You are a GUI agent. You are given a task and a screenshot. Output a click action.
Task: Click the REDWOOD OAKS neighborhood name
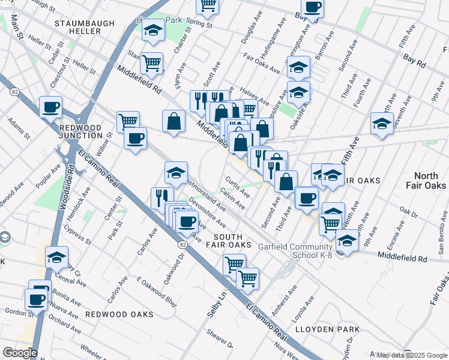(119, 314)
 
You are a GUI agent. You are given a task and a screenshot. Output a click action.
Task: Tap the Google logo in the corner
(20, 353)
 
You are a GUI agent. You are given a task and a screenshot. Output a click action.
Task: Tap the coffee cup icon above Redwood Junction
(51, 107)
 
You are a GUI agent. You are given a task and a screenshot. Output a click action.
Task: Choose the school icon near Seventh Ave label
(382, 123)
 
